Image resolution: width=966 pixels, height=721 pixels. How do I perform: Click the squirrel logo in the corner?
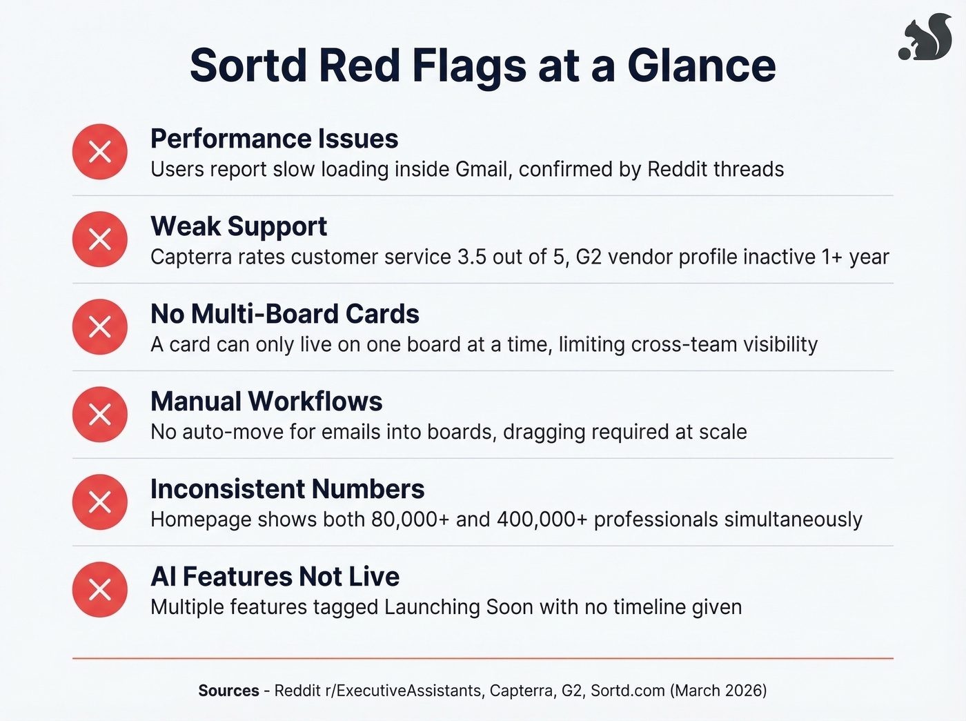(x=926, y=39)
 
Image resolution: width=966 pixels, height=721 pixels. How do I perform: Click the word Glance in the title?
(x=701, y=66)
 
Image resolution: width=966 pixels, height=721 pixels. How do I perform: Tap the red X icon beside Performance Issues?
(x=100, y=152)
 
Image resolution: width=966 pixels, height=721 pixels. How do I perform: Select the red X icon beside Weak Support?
(x=100, y=239)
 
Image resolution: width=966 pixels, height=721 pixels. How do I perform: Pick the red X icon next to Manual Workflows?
(x=100, y=415)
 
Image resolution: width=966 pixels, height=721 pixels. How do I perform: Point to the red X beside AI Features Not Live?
(x=100, y=590)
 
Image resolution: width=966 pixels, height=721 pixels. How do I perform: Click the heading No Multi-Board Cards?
(x=284, y=314)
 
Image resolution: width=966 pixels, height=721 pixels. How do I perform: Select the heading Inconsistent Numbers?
(x=287, y=489)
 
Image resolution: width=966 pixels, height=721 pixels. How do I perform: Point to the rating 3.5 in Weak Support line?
(x=472, y=257)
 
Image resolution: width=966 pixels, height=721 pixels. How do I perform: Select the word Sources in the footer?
(x=228, y=691)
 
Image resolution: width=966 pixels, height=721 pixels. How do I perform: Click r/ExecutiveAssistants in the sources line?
(x=378, y=691)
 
